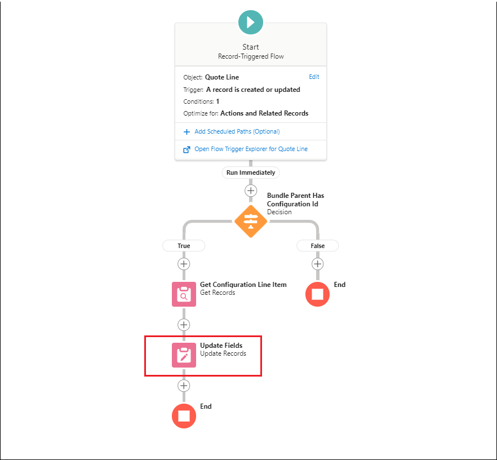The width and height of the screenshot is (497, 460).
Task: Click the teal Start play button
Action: click(x=251, y=22)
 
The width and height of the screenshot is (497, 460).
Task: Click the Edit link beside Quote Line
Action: click(x=314, y=77)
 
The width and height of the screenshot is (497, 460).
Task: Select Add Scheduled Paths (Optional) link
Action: click(x=237, y=131)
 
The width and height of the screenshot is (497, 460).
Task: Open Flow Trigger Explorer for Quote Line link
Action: click(x=251, y=149)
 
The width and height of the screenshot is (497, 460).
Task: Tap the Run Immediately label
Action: click(x=251, y=172)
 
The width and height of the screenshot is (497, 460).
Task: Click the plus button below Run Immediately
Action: click(x=251, y=191)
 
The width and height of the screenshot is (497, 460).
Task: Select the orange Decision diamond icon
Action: click(x=251, y=222)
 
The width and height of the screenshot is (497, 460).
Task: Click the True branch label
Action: click(x=184, y=246)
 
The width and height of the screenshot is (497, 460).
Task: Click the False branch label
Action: click(x=318, y=246)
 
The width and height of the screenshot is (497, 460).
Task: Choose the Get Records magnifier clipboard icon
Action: click(x=184, y=294)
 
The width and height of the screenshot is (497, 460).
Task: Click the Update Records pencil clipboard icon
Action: click(x=184, y=355)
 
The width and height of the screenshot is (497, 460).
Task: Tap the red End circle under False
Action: click(x=318, y=294)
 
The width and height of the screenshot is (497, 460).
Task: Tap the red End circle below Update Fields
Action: click(x=184, y=416)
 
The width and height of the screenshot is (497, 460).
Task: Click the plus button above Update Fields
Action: click(x=184, y=325)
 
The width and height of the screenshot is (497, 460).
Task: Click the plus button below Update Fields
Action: click(x=184, y=386)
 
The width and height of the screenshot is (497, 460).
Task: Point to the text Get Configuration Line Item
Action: click(x=243, y=285)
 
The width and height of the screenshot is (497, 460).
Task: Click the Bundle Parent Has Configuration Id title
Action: click(x=295, y=200)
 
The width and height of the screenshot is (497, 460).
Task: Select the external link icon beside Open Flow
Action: click(x=187, y=149)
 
